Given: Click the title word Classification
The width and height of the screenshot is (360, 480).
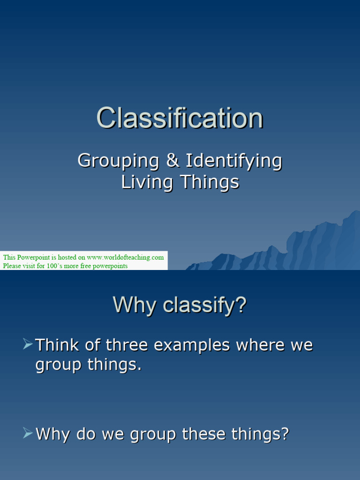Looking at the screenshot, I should coord(180,118).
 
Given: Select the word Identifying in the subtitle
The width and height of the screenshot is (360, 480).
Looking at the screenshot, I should coord(234,161).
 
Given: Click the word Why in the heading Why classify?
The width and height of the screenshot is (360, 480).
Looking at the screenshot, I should coord(135,306).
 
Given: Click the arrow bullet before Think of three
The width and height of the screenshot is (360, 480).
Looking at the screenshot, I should coord(28,345).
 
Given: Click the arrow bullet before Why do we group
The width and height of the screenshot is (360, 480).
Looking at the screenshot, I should coord(28,434).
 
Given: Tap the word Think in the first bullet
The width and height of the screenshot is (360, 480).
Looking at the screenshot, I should coord(58,345).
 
